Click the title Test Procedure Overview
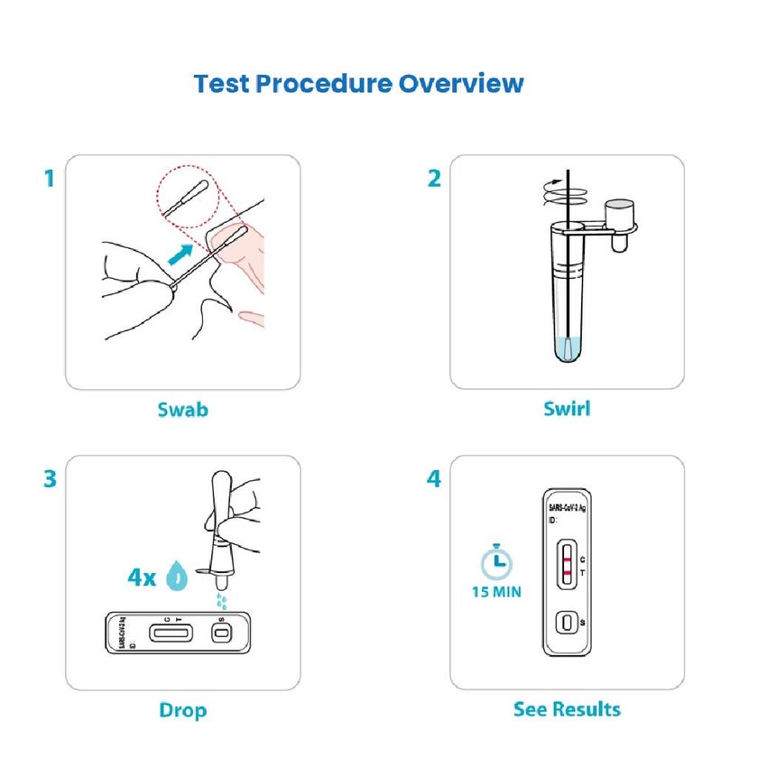pyautogui.click(x=358, y=84)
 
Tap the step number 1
pyautogui.click(x=50, y=179)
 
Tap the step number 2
pyautogui.click(x=434, y=179)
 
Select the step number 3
pyautogui.click(x=50, y=478)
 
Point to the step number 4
pyautogui.click(x=434, y=478)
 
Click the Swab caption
pyautogui.click(x=182, y=410)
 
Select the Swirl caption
pyautogui.click(x=567, y=409)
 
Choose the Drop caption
pyautogui.click(x=182, y=710)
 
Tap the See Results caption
pyautogui.click(x=567, y=709)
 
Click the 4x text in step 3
pyautogui.click(x=142, y=578)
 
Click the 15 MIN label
pyautogui.click(x=495, y=593)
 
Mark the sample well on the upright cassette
pyautogui.click(x=567, y=623)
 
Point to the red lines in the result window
pyautogui.click(x=567, y=566)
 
